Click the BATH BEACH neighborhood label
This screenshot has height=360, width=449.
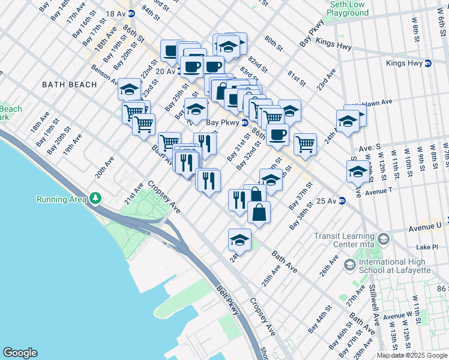click(70, 85)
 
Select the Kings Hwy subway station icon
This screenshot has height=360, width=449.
click(427, 63)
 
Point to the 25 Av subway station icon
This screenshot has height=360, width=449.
click(341, 200)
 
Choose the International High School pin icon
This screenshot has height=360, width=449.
click(349, 265)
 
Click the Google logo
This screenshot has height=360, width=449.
click(20, 353)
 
